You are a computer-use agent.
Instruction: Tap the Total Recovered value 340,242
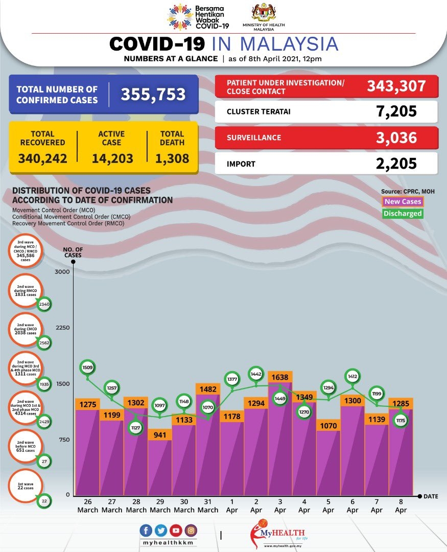pos(42,158)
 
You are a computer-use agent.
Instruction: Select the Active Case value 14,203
pos(112,158)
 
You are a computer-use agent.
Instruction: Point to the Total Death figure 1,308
pos(172,158)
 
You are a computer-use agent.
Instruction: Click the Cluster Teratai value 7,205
pos(394,111)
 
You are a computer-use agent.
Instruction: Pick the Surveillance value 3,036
pos(394,137)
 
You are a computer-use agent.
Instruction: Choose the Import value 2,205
pos(394,164)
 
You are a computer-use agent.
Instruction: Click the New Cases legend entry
pos(403,202)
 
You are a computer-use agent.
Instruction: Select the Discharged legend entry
pos(403,214)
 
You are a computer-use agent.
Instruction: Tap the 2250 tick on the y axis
pos(62,328)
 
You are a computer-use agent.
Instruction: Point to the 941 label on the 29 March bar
pos(160,436)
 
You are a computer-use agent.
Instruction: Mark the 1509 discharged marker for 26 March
pos(87,367)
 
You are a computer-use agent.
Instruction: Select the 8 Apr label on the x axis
pos(401,506)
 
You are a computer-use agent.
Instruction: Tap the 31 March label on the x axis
pos(208,506)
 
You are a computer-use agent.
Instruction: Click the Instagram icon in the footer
pos(191,531)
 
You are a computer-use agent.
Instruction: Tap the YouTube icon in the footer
pos(176,531)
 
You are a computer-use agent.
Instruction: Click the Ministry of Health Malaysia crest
pos(264,13)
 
